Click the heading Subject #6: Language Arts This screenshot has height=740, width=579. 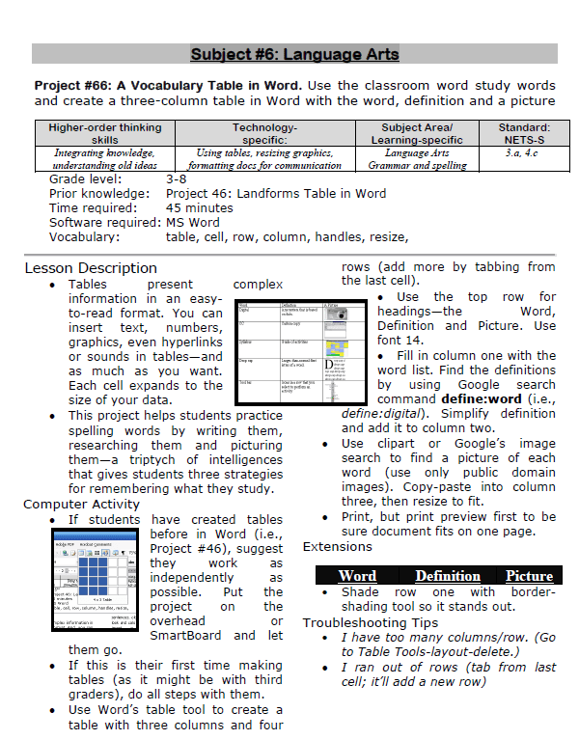tap(294, 54)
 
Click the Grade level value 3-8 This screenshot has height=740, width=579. tap(177, 179)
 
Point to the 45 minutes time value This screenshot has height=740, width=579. tap(200, 207)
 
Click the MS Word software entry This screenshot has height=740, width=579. tap(193, 222)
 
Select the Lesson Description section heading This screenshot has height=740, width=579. tap(90, 267)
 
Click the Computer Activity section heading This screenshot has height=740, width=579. tap(81, 504)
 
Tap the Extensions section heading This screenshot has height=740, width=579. tap(337, 547)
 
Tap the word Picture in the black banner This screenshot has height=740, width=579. tap(529, 576)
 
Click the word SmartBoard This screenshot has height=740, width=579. tap(188, 635)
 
